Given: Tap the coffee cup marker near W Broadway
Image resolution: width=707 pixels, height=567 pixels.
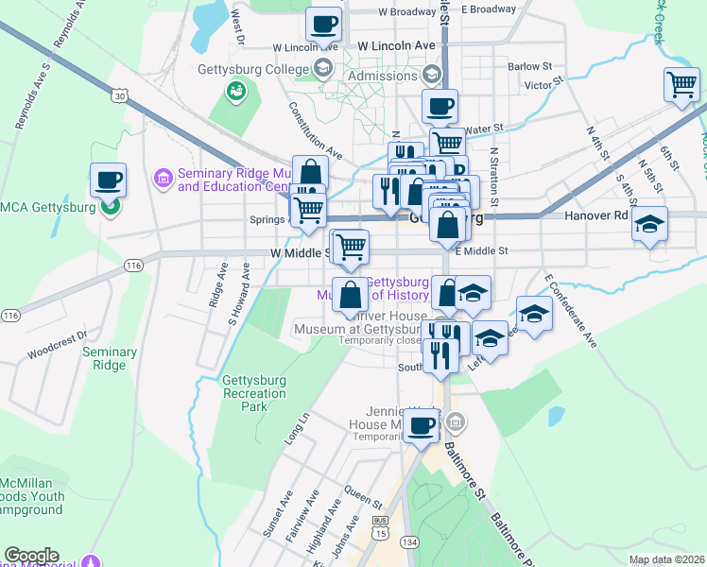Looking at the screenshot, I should [x=323, y=25].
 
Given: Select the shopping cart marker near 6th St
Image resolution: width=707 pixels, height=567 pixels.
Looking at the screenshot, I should [x=681, y=86].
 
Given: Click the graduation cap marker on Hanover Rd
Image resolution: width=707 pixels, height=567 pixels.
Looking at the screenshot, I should [x=649, y=224].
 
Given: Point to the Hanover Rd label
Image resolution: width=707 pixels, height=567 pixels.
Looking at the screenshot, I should [x=596, y=215].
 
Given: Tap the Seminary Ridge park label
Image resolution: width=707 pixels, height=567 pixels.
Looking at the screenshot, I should [x=110, y=358].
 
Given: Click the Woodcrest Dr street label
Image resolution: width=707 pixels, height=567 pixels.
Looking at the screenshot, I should [x=57, y=334].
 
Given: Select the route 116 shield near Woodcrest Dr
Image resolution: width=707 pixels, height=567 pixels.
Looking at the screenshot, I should [x=10, y=315].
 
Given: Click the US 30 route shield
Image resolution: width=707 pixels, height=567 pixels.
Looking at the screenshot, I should [x=118, y=95].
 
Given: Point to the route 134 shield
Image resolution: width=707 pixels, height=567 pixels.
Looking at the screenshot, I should [x=408, y=541].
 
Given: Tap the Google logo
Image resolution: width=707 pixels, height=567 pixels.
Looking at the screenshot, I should [x=31, y=556].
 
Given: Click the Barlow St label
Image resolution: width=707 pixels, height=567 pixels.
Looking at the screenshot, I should [x=529, y=66].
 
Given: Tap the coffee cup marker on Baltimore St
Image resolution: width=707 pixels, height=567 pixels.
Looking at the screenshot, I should [x=421, y=424].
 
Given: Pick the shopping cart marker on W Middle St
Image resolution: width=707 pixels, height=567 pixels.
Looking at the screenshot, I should [x=351, y=248].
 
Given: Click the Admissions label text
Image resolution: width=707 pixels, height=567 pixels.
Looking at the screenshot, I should [x=382, y=76].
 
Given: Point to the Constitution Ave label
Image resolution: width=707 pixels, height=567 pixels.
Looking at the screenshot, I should [x=316, y=129].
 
